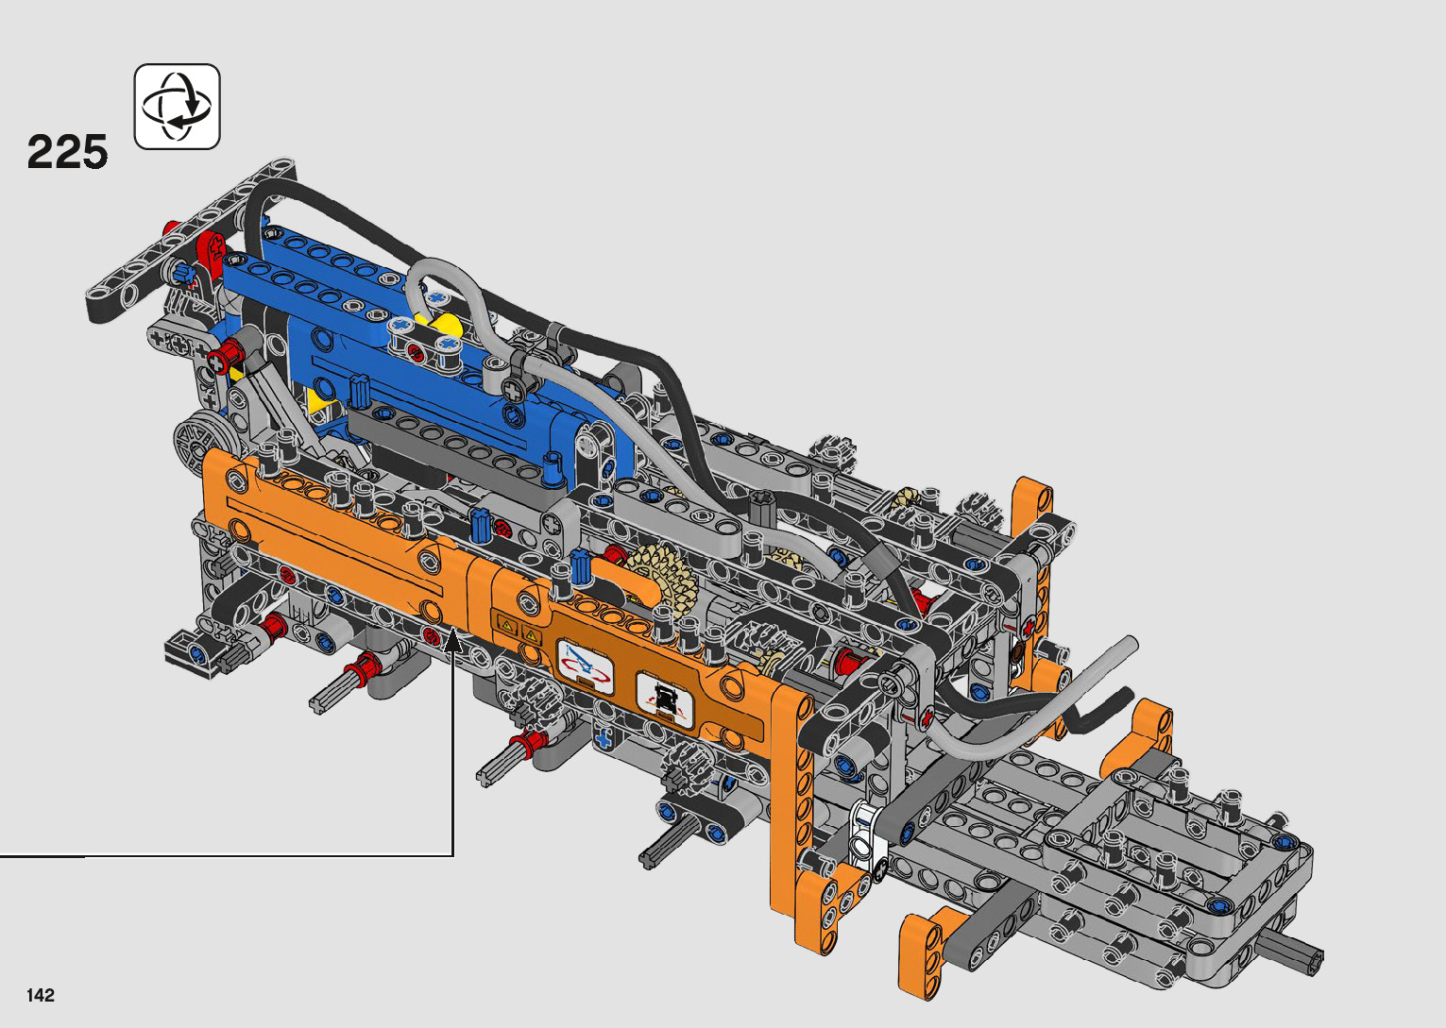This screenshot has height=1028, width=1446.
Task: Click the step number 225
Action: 67,152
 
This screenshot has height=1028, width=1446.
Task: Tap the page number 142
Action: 41,995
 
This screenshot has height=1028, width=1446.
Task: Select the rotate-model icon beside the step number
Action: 177,107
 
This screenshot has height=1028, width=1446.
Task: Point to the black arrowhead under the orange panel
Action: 453,640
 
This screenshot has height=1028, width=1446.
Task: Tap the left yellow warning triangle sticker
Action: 507,625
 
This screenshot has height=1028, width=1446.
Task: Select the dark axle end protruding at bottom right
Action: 1290,953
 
